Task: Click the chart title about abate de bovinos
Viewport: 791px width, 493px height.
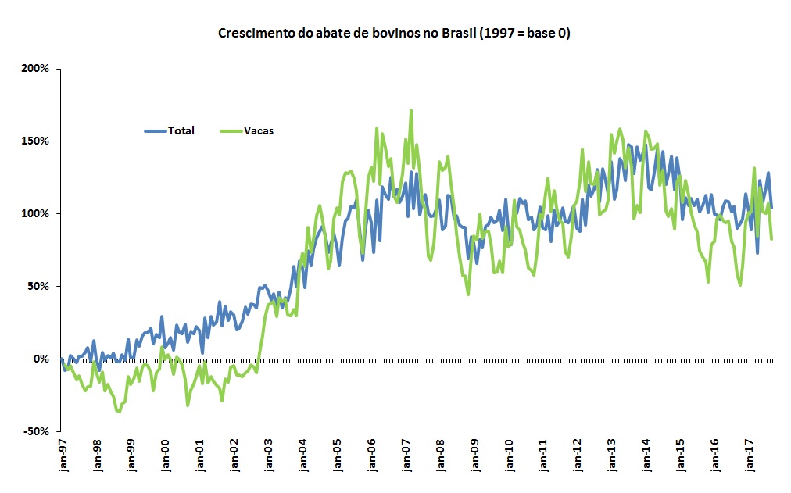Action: [394, 34]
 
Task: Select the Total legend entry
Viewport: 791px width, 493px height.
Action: [181, 130]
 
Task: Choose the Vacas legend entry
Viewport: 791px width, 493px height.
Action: [258, 130]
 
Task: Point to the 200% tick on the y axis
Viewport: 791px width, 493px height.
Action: [36, 69]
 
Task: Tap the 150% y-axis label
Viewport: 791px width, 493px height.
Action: [36, 141]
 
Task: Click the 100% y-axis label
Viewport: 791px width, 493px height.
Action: [36, 213]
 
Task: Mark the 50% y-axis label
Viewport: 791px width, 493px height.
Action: [38, 286]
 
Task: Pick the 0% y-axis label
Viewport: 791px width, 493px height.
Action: [41, 359]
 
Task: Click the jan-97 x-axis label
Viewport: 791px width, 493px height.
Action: [63, 459]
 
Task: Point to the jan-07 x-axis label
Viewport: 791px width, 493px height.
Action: [406, 459]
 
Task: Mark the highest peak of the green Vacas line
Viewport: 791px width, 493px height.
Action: [411, 111]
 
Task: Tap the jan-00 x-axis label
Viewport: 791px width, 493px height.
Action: [166, 459]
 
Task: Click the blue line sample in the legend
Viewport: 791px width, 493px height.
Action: [155, 130]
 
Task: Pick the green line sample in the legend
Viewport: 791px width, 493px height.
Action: [231, 130]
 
